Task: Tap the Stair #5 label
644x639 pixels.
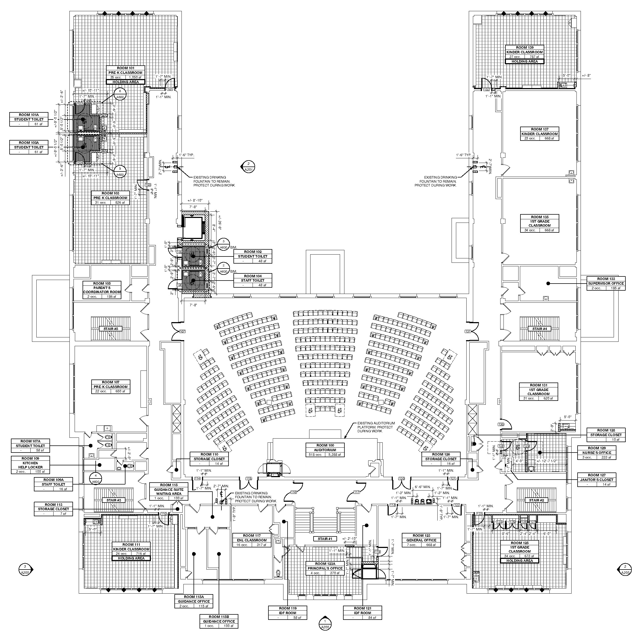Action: [111, 329]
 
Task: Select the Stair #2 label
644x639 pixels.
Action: [536, 500]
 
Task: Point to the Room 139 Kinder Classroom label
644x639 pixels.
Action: [524, 52]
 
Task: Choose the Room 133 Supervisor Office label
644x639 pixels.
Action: [606, 283]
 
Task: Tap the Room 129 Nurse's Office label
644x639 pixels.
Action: [597, 453]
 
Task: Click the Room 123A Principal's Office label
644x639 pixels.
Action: [325, 568]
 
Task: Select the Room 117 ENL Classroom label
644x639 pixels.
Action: [252, 540]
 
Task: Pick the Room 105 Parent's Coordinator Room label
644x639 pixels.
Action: [102, 290]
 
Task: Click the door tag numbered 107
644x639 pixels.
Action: [182, 331]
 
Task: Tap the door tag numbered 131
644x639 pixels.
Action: [468, 331]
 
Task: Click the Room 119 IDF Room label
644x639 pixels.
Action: [288, 613]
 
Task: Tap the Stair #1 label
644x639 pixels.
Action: [325, 539]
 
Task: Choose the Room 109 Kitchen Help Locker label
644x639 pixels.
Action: [31, 465]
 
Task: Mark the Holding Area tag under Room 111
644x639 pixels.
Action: [131, 558]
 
